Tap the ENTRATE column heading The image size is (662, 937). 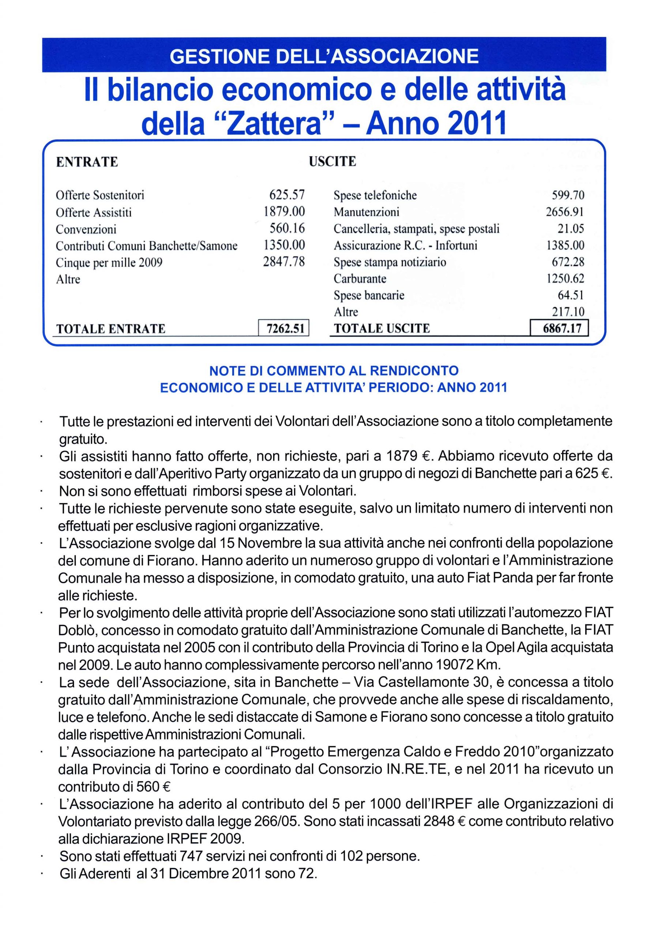(87, 162)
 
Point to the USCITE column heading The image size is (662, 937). (332, 162)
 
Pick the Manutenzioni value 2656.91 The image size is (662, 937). (565, 212)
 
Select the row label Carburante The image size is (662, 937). (360, 279)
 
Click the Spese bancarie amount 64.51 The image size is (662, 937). (571, 295)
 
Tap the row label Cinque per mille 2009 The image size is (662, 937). (109, 262)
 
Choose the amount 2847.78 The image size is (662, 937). (284, 262)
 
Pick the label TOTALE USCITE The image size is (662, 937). (381, 329)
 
